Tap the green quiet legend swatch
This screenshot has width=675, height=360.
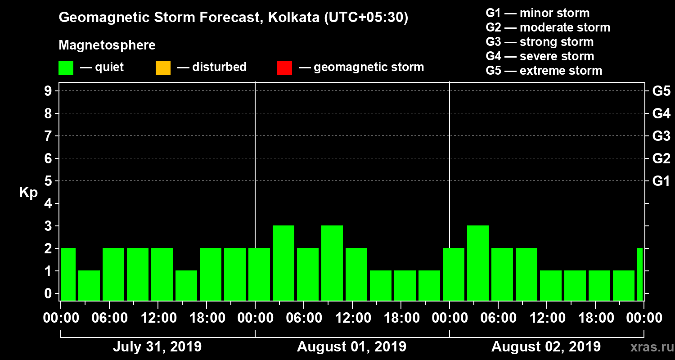coord(66,67)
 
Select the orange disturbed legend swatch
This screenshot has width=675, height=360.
coord(163,67)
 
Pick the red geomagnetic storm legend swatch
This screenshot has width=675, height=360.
coord(284,67)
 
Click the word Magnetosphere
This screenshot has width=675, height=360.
coord(107,45)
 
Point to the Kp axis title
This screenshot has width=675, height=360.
coord(28,193)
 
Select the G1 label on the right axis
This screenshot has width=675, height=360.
coord(661,181)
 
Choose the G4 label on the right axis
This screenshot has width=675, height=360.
coord(661,113)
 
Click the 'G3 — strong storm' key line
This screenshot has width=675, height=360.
coord(540,42)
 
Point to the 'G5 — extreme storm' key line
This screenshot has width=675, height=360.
coord(544,71)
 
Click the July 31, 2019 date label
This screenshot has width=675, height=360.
coord(157,347)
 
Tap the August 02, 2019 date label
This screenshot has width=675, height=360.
coord(546,347)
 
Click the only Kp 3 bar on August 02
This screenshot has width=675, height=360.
coord(478,263)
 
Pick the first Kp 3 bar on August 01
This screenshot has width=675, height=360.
coord(283,263)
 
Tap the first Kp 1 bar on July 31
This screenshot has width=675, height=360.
coord(89,285)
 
